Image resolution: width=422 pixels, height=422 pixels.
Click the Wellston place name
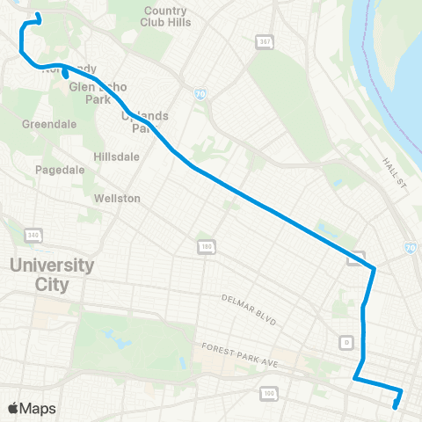[x=117, y=199]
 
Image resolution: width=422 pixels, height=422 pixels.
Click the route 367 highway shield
[x=264, y=41]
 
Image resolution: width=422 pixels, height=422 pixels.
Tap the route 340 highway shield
[x=33, y=236]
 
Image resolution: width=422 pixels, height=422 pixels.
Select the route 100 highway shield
[x=267, y=392]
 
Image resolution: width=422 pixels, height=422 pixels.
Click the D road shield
[x=347, y=341]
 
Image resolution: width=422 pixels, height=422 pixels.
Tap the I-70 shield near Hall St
[x=414, y=249]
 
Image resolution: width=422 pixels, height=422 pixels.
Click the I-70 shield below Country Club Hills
[x=200, y=92]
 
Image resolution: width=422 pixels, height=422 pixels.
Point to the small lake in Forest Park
[x=115, y=335]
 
